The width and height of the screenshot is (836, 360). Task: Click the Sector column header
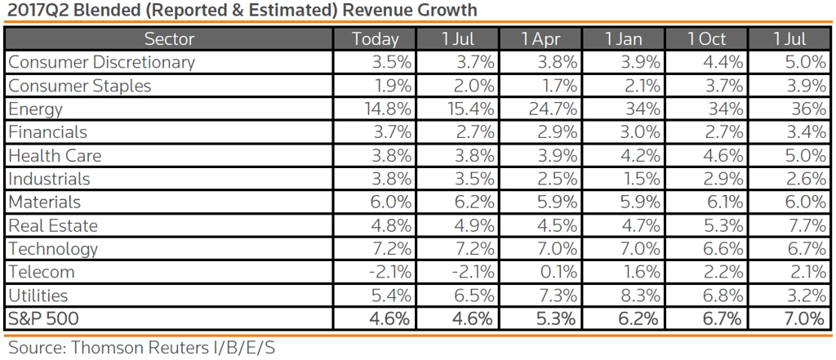click(x=169, y=39)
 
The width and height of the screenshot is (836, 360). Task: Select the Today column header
click(x=376, y=39)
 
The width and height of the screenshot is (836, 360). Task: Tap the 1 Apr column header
click(x=540, y=39)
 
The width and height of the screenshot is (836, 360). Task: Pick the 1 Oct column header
click(x=706, y=39)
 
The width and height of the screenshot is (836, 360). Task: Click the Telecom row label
click(x=41, y=272)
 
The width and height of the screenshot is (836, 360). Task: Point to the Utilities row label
click(x=38, y=295)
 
